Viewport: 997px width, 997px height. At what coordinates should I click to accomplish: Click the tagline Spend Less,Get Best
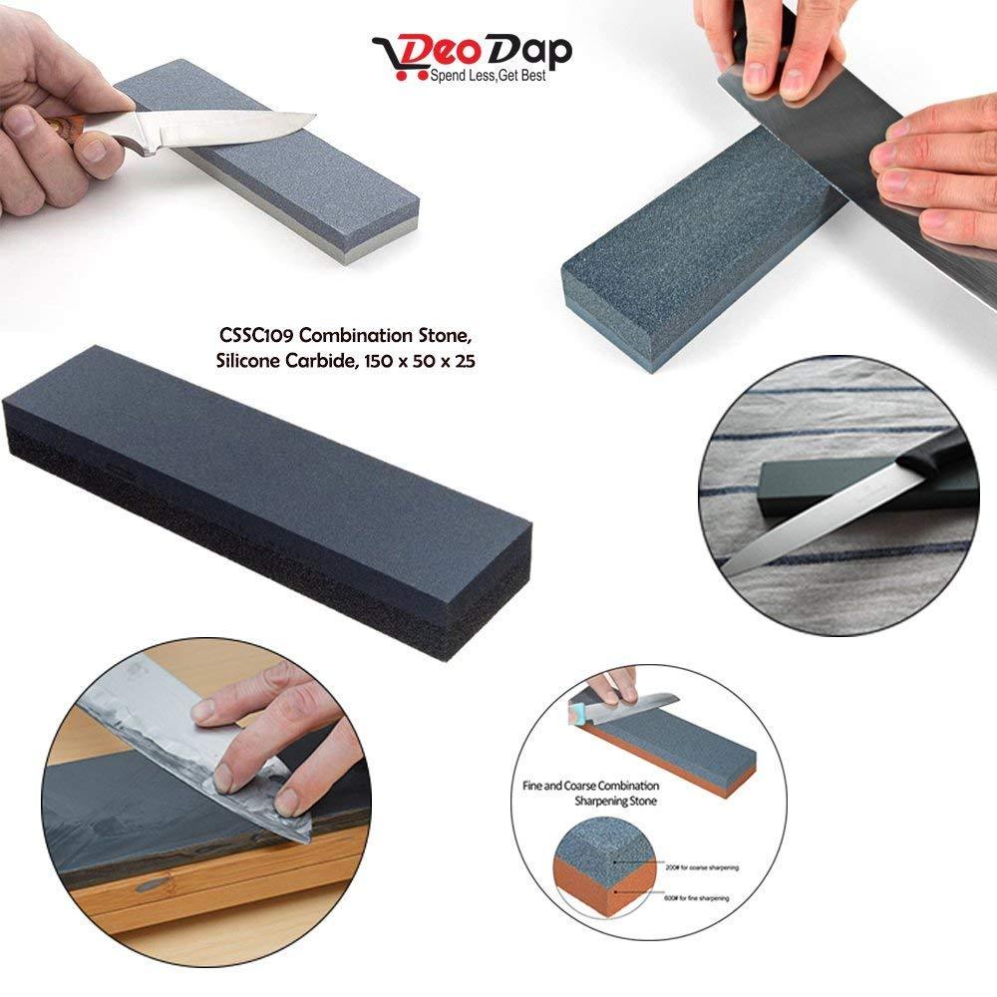click(x=488, y=76)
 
